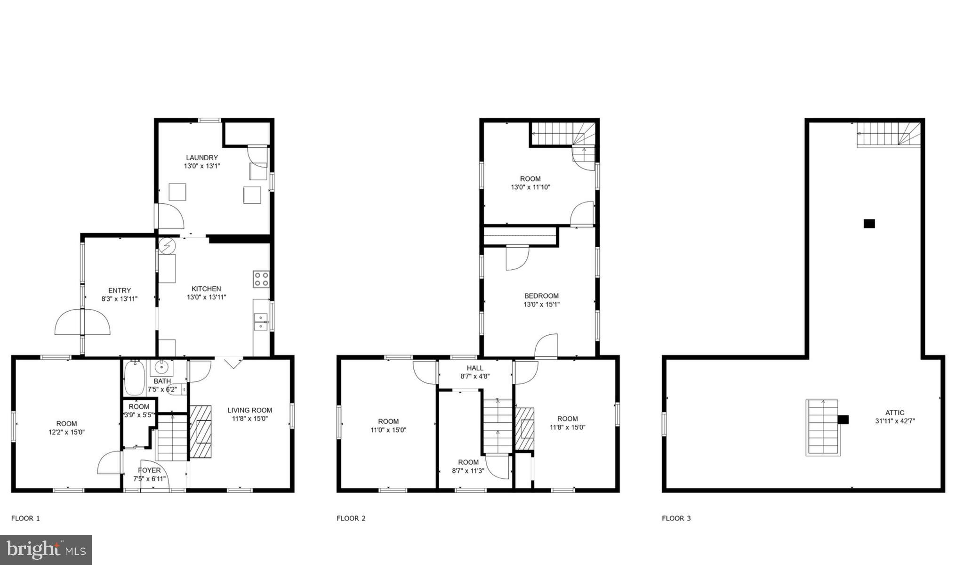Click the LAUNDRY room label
tap(201, 158)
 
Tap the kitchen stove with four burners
tap(261, 279)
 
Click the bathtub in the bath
tap(135, 378)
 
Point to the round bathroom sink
tap(162, 367)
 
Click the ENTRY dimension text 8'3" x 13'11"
tap(120, 299)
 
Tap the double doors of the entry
tap(82, 322)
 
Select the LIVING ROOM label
tap(249, 410)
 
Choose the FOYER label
tap(149, 470)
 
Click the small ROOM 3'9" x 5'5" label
tap(139, 407)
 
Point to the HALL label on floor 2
tap(475, 368)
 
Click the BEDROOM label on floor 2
tap(541, 296)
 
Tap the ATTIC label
tap(894, 413)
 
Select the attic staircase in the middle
tap(822, 428)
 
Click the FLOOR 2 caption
tap(351, 518)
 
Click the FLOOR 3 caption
tap(676, 518)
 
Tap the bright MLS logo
tap(46, 549)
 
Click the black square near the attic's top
tap(869, 224)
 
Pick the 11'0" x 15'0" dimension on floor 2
tap(388, 430)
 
